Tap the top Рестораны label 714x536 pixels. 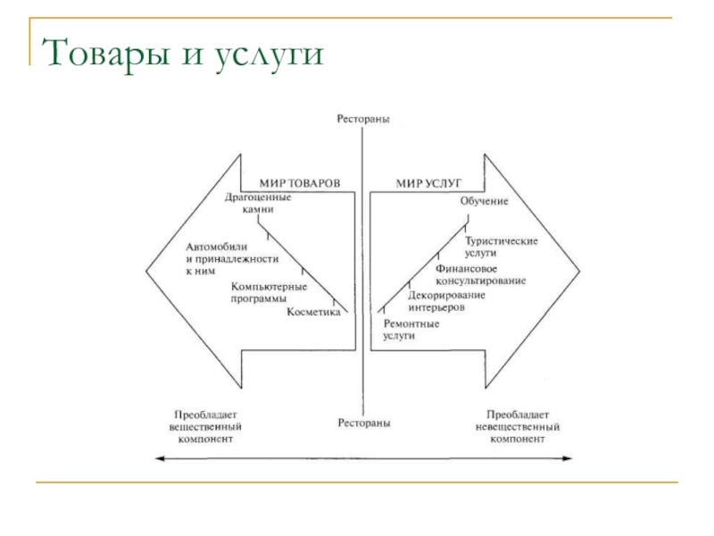[x=362, y=118]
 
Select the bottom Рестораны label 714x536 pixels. [x=362, y=422]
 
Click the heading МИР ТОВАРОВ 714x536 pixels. [x=299, y=182]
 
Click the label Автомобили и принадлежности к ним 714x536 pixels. [x=232, y=257]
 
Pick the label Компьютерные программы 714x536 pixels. [x=269, y=293]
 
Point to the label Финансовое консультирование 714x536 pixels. [x=480, y=274]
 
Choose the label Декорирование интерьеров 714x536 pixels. [x=447, y=300]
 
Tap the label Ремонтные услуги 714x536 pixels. [x=411, y=328]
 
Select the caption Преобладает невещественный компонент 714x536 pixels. [x=518, y=427]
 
